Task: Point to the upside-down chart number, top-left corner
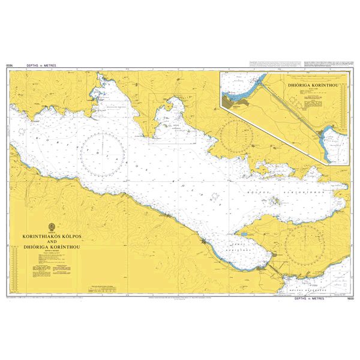[x=9, y=64]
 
